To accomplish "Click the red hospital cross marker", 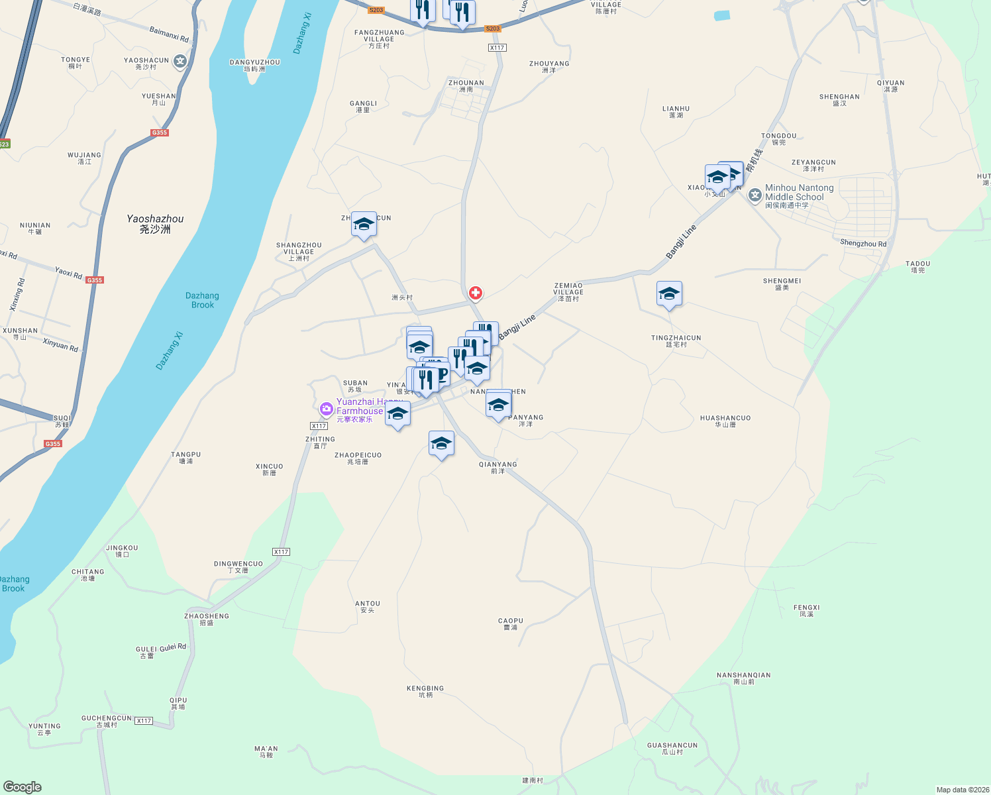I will (x=475, y=293).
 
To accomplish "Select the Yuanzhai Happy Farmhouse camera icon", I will (x=326, y=409).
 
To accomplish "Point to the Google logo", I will (x=22, y=787).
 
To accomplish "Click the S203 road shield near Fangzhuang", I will (x=376, y=10).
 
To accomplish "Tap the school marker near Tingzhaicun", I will (x=669, y=294).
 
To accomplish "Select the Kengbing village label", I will (x=425, y=692).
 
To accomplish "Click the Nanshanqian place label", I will (x=743, y=678).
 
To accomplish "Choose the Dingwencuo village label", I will (x=238, y=566).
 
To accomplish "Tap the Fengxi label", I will (x=806, y=610).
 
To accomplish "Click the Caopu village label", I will (x=510, y=624).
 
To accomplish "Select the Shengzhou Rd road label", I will (x=862, y=244).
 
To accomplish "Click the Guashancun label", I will (x=672, y=749).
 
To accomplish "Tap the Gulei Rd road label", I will (x=173, y=647).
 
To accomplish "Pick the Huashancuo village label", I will (x=725, y=421).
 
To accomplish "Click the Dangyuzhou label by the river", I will (x=254, y=65).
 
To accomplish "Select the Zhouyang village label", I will (x=549, y=66).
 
